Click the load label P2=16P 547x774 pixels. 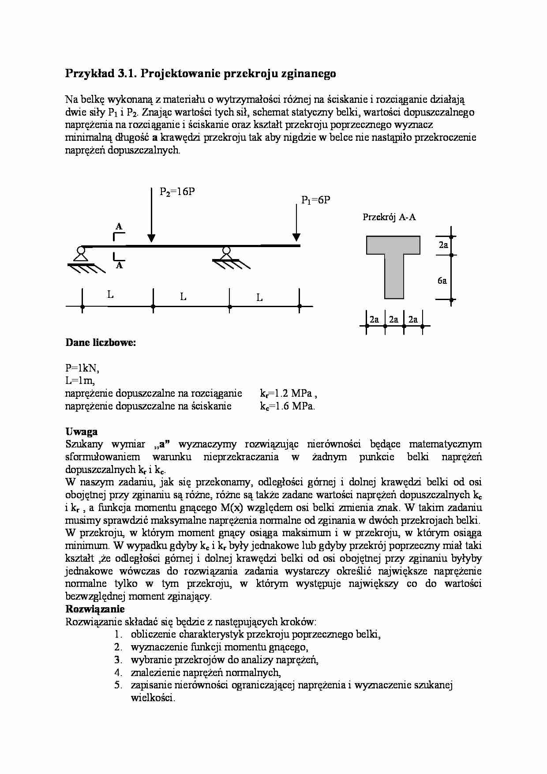(177, 192)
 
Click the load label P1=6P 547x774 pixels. (315, 200)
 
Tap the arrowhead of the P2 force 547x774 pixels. (151, 238)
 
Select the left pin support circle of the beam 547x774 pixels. (80, 250)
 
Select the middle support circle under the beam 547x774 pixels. (226, 250)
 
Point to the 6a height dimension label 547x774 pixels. (442, 281)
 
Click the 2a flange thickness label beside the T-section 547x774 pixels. (443, 245)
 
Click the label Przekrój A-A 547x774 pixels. (389, 217)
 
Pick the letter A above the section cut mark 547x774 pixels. (119, 227)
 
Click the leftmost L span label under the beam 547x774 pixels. (110, 294)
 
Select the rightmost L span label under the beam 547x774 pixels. (259, 298)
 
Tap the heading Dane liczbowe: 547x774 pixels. (101, 342)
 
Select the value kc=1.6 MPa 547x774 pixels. (287, 406)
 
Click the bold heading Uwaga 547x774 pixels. (82, 432)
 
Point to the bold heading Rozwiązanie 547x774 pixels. (95, 609)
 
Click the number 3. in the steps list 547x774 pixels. (118, 660)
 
